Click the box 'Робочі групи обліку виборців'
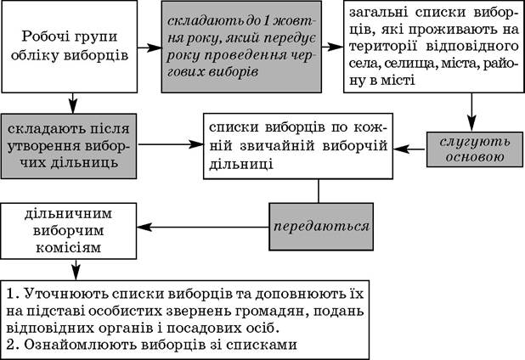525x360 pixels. coord(70,47)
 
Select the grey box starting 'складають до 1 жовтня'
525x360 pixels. coord(241,47)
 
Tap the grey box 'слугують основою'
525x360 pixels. coord(474,149)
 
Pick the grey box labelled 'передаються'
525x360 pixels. coord(321,227)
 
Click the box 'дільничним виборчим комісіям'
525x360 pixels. coord(69,231)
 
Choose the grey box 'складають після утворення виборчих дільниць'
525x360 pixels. coord(69,146)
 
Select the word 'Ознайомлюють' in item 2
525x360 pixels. coord(81,345)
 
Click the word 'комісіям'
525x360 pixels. coord(68,248)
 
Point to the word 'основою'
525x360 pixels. coord(475,157)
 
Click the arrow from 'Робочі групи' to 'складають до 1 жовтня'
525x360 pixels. coord(150,48)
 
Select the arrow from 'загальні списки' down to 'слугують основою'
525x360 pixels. coord(471,112)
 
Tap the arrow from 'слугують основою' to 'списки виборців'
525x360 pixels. coord(409,149)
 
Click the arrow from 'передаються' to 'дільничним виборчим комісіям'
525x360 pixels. coord(203,228)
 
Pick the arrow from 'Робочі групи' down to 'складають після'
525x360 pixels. coord(73,103)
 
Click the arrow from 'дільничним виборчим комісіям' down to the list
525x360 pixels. coord(76,270)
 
